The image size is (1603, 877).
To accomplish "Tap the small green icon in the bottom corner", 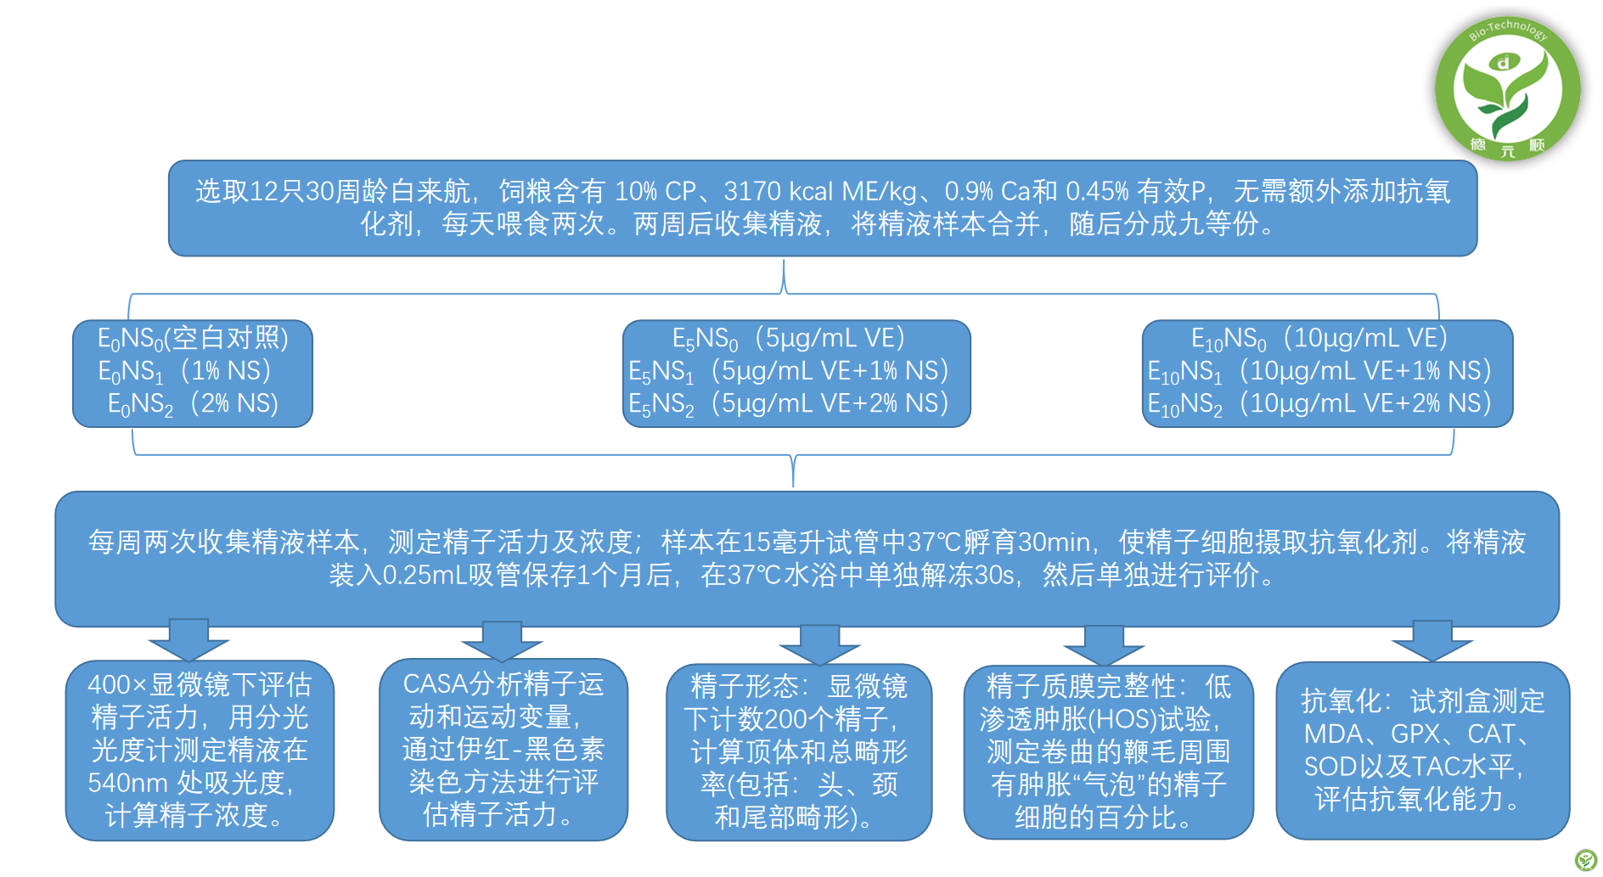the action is click(1585, 859).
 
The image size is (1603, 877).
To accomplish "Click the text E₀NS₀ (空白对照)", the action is click(193, 339).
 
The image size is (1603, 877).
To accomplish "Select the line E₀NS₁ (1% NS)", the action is click(184, 371).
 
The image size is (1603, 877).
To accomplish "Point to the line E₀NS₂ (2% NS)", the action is click(193, 404).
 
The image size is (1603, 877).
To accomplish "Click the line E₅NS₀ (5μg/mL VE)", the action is click(789, 339).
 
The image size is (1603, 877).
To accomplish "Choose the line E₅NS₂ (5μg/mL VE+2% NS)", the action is click(789, 404).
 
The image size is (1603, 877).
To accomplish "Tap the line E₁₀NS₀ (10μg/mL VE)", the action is click(1319, 339).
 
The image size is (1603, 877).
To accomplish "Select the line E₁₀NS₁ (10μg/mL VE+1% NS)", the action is click(1319, 371).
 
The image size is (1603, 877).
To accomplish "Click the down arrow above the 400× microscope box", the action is click(188, 639).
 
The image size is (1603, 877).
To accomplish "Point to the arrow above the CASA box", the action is click(502, 641).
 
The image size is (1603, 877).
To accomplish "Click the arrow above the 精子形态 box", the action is click(819, 645).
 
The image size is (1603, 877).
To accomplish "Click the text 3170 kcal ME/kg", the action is click(820, 192).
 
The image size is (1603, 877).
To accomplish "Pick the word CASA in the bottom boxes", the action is click(436, 684).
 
